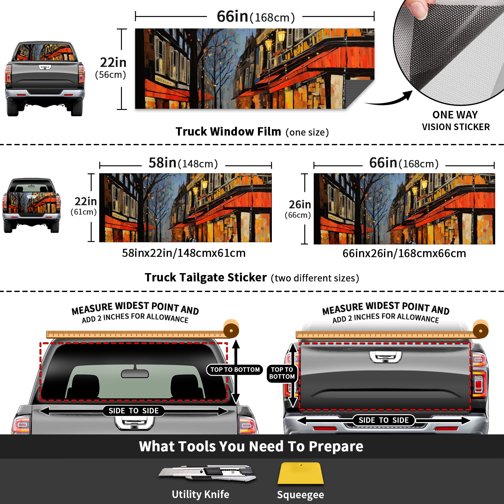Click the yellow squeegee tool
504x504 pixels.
301,473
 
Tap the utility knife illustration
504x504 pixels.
207,473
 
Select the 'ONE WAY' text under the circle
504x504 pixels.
455,115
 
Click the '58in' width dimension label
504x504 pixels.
163,163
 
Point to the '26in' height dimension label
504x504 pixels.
300,204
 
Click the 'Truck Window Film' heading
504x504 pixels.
228,131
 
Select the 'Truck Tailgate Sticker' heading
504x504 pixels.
206,278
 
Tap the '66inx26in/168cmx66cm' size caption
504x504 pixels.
404,253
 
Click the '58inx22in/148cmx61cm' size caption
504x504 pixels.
184,253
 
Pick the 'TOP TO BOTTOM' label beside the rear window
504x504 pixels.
235,369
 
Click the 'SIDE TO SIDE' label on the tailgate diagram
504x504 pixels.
384,420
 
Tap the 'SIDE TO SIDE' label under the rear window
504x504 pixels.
134,411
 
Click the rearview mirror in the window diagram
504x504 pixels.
135,374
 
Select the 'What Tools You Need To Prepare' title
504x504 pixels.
251,446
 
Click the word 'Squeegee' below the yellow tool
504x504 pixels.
301,495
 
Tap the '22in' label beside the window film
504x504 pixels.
113,62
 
